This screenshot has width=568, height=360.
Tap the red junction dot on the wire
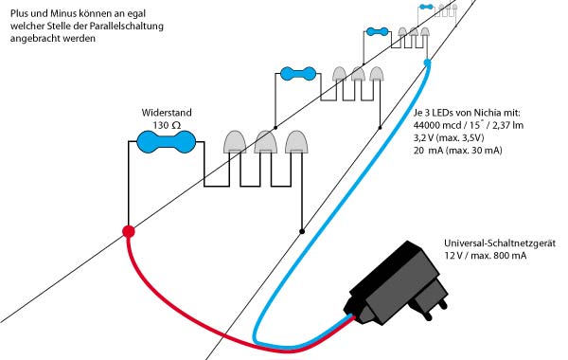click(129, 231)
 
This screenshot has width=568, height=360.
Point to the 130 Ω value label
click(167, 124)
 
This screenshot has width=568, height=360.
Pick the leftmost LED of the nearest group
click(234, 142)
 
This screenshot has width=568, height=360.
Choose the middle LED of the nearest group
click(265, 142)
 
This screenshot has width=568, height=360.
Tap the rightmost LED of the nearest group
click(296, 142)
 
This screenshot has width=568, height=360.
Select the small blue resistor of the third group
click(376, 32)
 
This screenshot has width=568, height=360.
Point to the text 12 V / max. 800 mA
click(488, 257)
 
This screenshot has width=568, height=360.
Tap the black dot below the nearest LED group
click(301, 230)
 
